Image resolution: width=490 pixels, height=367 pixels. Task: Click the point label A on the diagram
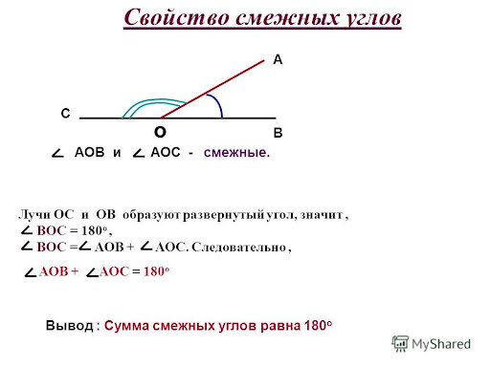click(x=278, y=60)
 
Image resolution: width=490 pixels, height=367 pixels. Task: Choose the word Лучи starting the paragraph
click(x=35, y=213)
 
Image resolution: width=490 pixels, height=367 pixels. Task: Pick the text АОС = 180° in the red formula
click(x=134, y=272)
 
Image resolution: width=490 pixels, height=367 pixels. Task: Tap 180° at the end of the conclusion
click(x=315, y=325)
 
